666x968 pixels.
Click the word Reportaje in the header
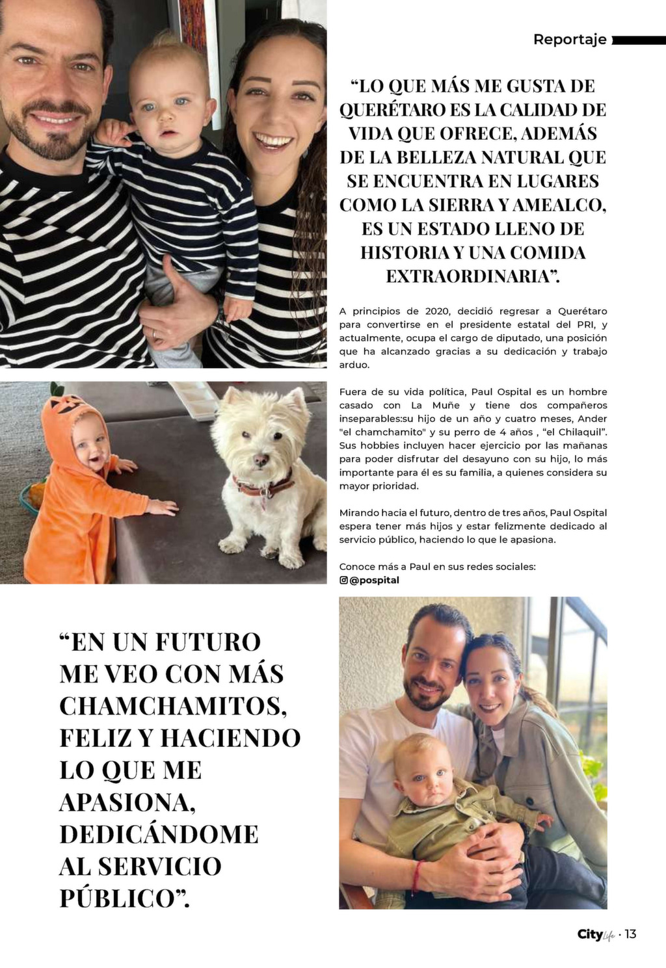[x=570, y=39]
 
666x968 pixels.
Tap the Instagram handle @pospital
[x=374, y=580]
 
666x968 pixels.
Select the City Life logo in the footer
[x=595, y=935]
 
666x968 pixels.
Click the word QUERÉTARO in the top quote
[x=392, y=109]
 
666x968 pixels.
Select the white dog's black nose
[x=261, y=460]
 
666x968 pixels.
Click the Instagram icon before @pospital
[x=343, y=580]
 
